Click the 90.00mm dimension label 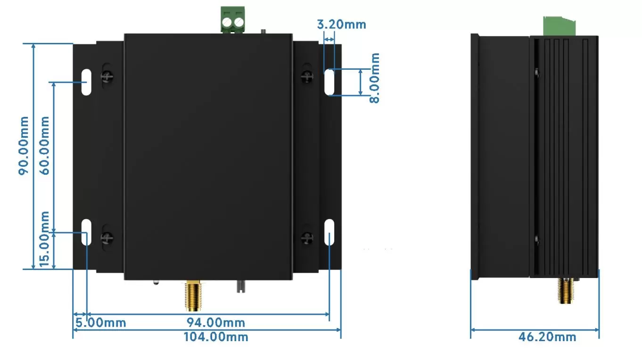click(24, 146)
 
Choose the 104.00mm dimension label click(215, 337)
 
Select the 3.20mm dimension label click(341, 24)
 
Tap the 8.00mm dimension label click(374, 78)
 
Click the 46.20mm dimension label click(547, 337)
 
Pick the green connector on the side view click(560, 26)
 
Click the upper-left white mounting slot click(86, 82)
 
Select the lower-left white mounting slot click(86, 232)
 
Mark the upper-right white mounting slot click(329, 82)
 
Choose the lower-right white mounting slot click(329, 232)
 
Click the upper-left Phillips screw click(108, 76)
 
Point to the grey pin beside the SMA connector click(241, 286)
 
